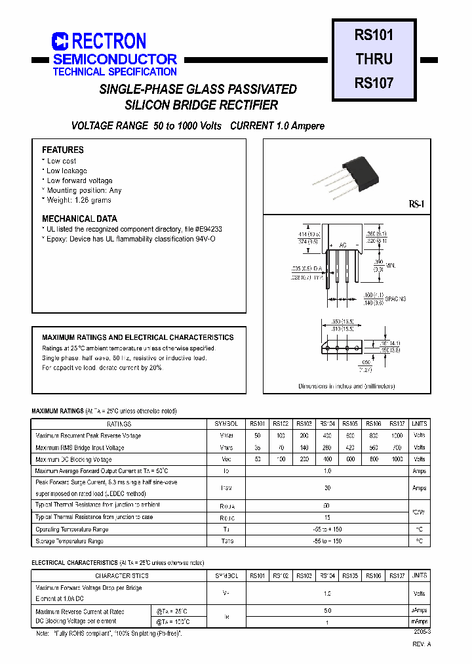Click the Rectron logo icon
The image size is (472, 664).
(x=60, y=42)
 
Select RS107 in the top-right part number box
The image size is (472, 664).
(x=374, y=83)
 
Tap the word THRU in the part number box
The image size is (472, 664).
(x=374, y=58)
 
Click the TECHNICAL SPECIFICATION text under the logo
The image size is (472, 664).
(x=115, y=72)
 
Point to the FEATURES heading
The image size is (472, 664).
(x=63, y=150)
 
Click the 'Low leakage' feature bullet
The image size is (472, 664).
(x=66, y=171)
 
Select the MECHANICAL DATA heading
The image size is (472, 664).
(x=80, y=218)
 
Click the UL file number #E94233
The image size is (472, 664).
(x=208, y=229)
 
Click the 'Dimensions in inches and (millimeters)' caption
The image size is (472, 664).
(x=347, y=386)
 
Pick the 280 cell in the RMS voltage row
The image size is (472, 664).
(x=327, y=447)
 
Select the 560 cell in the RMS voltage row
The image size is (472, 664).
(x=374, y=447)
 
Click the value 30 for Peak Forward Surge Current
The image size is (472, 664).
(x=327, y=488)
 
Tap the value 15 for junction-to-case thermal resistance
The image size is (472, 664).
(x=327, y=517)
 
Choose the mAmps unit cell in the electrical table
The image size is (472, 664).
(x=420, y=621)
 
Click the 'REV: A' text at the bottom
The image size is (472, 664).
(x=422, y=645)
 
